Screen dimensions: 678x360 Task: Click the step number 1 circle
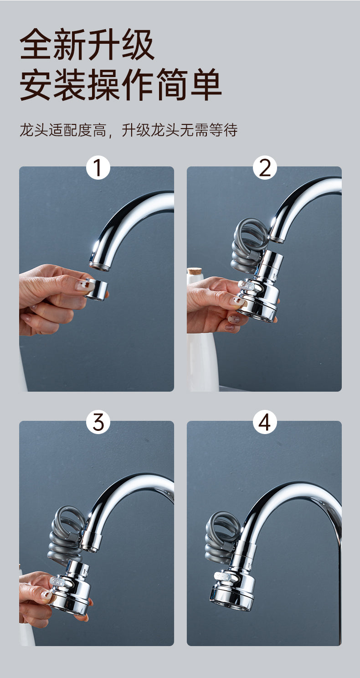[98, 168]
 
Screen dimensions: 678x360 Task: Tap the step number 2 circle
[265, 168]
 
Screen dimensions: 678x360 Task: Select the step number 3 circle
[98, 422]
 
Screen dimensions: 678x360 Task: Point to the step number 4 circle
[265, 422]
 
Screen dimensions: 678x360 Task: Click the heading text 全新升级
[87, 45]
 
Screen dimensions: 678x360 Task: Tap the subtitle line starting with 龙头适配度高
[129, 130]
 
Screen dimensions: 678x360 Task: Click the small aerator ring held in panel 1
[97, 290]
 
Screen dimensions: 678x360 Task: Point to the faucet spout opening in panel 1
[99, 266]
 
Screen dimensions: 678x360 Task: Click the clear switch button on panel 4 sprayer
[223, 576]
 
